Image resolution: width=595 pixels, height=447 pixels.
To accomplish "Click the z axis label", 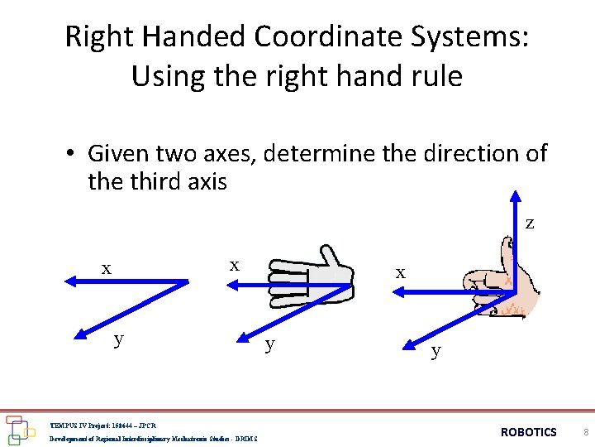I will pyautogui.click(x=529, y=223).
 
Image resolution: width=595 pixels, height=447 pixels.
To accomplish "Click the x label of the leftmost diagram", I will pyautogui.click(x=106, y=268).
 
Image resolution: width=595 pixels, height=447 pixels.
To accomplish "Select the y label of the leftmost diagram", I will pyautogui.click(x=119, y=339).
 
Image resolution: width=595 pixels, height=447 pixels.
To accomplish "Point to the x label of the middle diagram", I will pyautogui.click(x=235, y=265).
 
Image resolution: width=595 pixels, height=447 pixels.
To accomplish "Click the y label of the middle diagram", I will pyautogui.click(x=268, y=344).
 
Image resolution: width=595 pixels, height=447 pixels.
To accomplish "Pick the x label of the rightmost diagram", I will pyautogui.click(x=400, y=272).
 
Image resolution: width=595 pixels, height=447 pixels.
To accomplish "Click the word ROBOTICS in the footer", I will pyautogui.click(x=529, y=432).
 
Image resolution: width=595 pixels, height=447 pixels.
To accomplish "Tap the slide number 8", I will pyautogui.click(x=584, y=432).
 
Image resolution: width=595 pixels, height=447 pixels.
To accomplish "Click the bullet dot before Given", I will pyautogui.click(x=73, y=154).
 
